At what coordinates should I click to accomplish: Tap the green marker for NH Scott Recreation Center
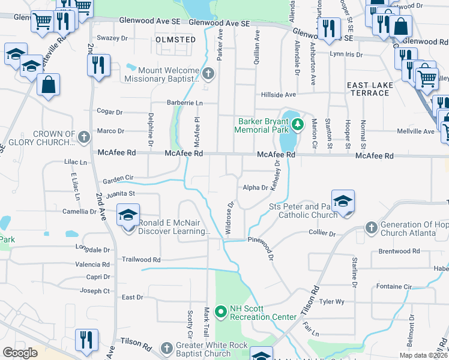(x=220, y=311)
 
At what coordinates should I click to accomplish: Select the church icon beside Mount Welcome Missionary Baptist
(x=208, y=74)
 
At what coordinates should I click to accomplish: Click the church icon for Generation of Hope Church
(x=370, y=229)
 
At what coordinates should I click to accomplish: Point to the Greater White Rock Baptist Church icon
(x=167, y=348)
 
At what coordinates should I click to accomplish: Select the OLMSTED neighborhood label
(x=176, y=40)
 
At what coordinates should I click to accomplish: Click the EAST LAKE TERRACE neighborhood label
(x=369, y=89)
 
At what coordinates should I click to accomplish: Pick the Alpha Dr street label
(x=255, y=188)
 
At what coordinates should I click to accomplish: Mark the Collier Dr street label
(x=322, y=233)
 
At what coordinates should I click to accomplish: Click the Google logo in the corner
(x=20, y=352)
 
